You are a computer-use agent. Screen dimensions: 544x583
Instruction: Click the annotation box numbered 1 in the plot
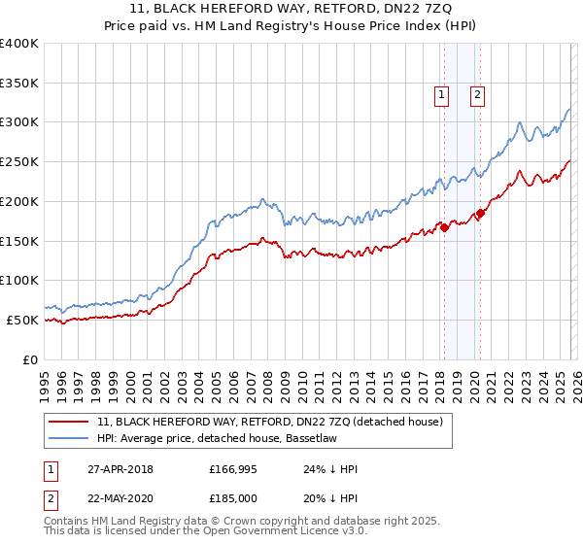442,95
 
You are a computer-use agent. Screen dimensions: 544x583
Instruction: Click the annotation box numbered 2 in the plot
479,95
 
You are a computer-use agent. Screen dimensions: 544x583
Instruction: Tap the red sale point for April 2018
444,227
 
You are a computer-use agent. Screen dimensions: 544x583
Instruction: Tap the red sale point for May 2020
480,213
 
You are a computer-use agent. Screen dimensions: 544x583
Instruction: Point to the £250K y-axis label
19,162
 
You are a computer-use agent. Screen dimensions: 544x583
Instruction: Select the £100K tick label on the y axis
19,281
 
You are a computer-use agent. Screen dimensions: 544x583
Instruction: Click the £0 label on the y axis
31,359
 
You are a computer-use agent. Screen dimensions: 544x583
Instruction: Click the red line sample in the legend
69,422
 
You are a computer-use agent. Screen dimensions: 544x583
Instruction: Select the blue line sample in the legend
69,438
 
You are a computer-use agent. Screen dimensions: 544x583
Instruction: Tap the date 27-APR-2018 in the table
120,469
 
